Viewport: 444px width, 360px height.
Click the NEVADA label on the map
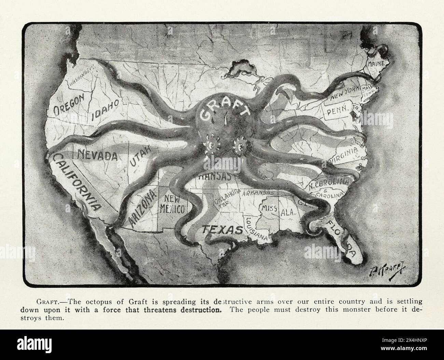[x=97, y=156]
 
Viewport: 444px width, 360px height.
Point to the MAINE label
[x=375, y=64]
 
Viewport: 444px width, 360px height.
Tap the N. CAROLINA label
[x=329, y=183]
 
